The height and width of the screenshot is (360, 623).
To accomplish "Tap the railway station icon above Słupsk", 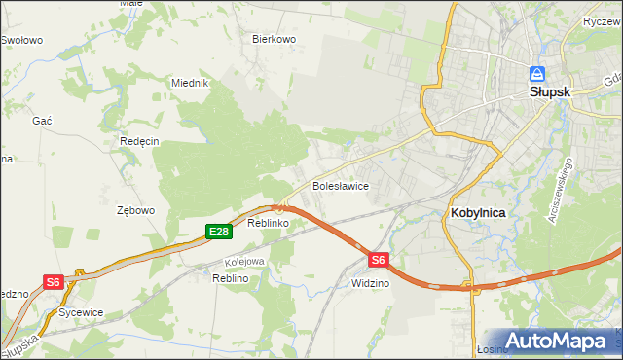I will [x=536, y=73].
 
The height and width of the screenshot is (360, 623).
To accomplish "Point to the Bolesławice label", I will [x=339, y=185].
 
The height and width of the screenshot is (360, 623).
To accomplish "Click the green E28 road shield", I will [x=218, y=232].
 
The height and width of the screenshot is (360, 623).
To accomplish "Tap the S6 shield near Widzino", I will [x=379, y=260].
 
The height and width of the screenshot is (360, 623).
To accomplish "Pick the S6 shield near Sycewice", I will [x=53, y=282].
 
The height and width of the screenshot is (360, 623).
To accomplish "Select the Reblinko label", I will [x=267, y=224].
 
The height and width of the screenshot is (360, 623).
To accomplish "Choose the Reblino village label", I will [x=231, y=278].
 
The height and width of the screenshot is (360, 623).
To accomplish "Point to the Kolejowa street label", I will [x=244, y=261].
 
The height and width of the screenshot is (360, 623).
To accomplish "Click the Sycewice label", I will [x=81, y=313].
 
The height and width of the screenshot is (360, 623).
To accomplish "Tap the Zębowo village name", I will [x=135, y=210].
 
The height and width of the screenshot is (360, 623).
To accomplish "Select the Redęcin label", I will [x=139, y=141].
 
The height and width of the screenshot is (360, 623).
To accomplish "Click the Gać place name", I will [x=42, y=119].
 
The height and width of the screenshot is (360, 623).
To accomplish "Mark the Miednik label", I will [x=191, y=83].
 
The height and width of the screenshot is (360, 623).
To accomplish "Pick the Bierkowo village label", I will [x=274, y=40].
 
